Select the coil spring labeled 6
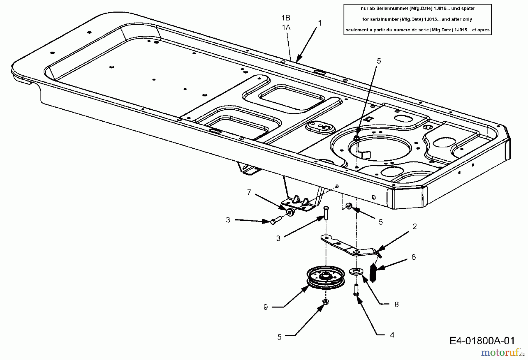tap(373, 273)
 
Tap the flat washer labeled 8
tap(356, 271)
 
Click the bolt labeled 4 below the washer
tap(356, 290)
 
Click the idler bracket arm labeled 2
tap(349, 247)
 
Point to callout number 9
tap(265, 307)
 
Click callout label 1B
tap(286, 18)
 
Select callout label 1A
tap(286, 28)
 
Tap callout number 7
tap(249, 193)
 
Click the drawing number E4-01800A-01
tap(482, 341)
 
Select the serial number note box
tap(417, 19)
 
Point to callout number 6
tap(414, 257)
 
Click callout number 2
tap(414, 226)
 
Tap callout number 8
tap(396, 305)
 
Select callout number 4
tap(392, 335)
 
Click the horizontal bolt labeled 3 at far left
tap(274, 221)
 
